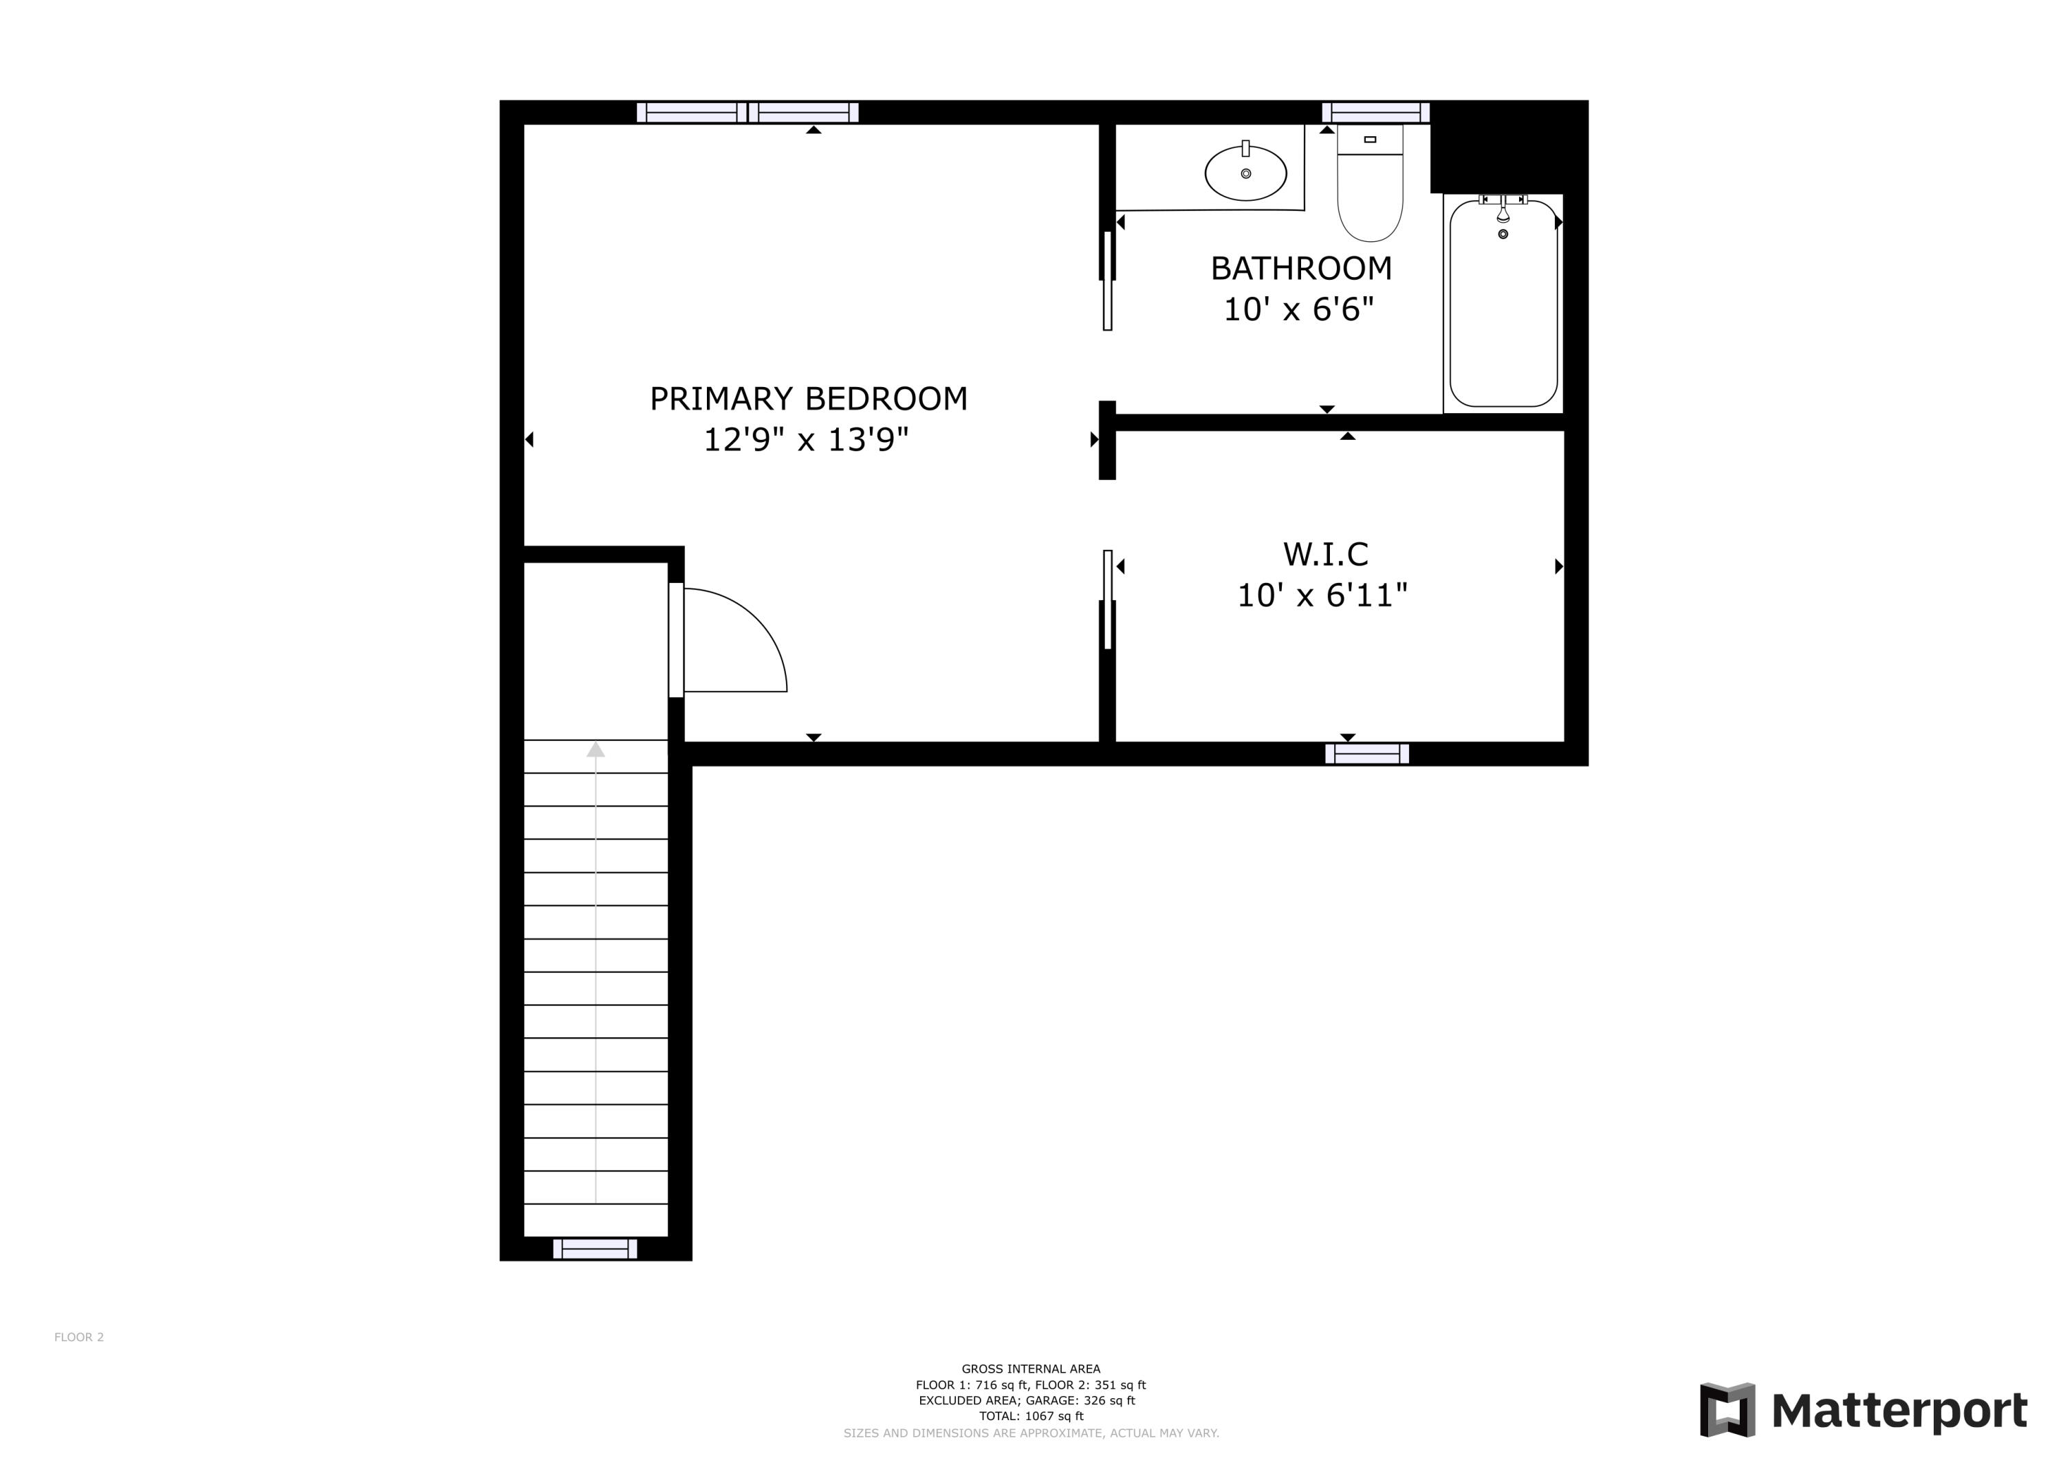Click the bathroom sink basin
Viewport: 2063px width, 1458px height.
(x=1245, y=173)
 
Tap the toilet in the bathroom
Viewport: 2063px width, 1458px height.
(x=1369, y=188)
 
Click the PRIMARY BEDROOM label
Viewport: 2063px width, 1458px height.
(x=809, y=399)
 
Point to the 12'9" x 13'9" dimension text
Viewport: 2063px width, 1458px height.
(x=806, y=440)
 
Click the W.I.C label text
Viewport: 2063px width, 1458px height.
(x=1325, y=554)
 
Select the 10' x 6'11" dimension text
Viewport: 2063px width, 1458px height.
(x=1322, y=595)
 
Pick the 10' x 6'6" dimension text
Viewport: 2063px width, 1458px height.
(x=1299, y=310)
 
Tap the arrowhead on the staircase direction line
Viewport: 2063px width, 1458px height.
(x=596, y=749)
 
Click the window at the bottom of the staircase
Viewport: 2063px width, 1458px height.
(x=595, y=1249)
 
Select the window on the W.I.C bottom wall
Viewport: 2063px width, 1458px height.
(x=1366, y=753)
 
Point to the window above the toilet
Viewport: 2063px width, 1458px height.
(x=1375, y=112)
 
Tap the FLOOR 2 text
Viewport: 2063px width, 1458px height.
(x=79, y=1337)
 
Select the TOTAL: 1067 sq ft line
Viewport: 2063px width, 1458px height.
(x=1031, y=1416)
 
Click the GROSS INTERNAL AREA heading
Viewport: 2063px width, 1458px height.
(x=1031, y=1369)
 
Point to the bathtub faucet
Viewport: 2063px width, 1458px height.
(x=1503, y=211)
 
